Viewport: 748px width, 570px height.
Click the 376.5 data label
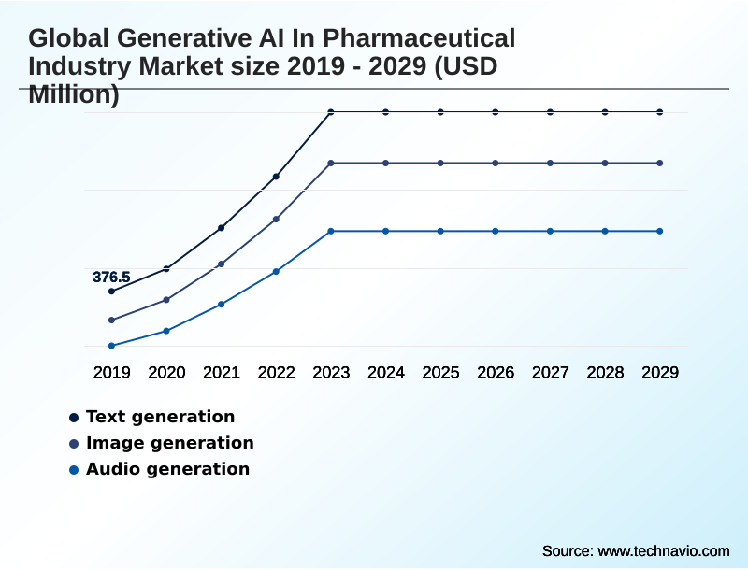coord(111,277)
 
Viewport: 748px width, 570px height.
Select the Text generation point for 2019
coord(111,292)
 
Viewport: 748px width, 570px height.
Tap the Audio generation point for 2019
coord(111,346)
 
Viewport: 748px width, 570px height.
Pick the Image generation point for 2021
coord(222,264)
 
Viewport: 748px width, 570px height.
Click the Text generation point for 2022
coord(276,177)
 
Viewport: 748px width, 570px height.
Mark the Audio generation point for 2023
coord(331,231)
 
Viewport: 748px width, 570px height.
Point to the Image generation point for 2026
coord(496,163)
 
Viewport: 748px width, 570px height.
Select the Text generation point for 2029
coord(660,112)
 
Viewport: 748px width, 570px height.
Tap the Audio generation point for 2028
coord(605,231)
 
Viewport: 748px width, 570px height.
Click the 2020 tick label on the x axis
coord(166,373)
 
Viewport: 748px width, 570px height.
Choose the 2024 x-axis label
coord(386,373)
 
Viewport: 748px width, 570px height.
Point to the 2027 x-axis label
coord(551,373)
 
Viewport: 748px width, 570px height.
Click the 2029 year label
coord(660,373)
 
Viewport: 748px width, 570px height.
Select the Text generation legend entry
coord(160,417)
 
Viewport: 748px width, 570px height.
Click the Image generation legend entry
coord(169,443)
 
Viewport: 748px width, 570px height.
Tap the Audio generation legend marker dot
coord(74,469)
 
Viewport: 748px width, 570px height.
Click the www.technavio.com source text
coord(664,550)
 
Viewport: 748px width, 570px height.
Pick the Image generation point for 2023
coord(331,163)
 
